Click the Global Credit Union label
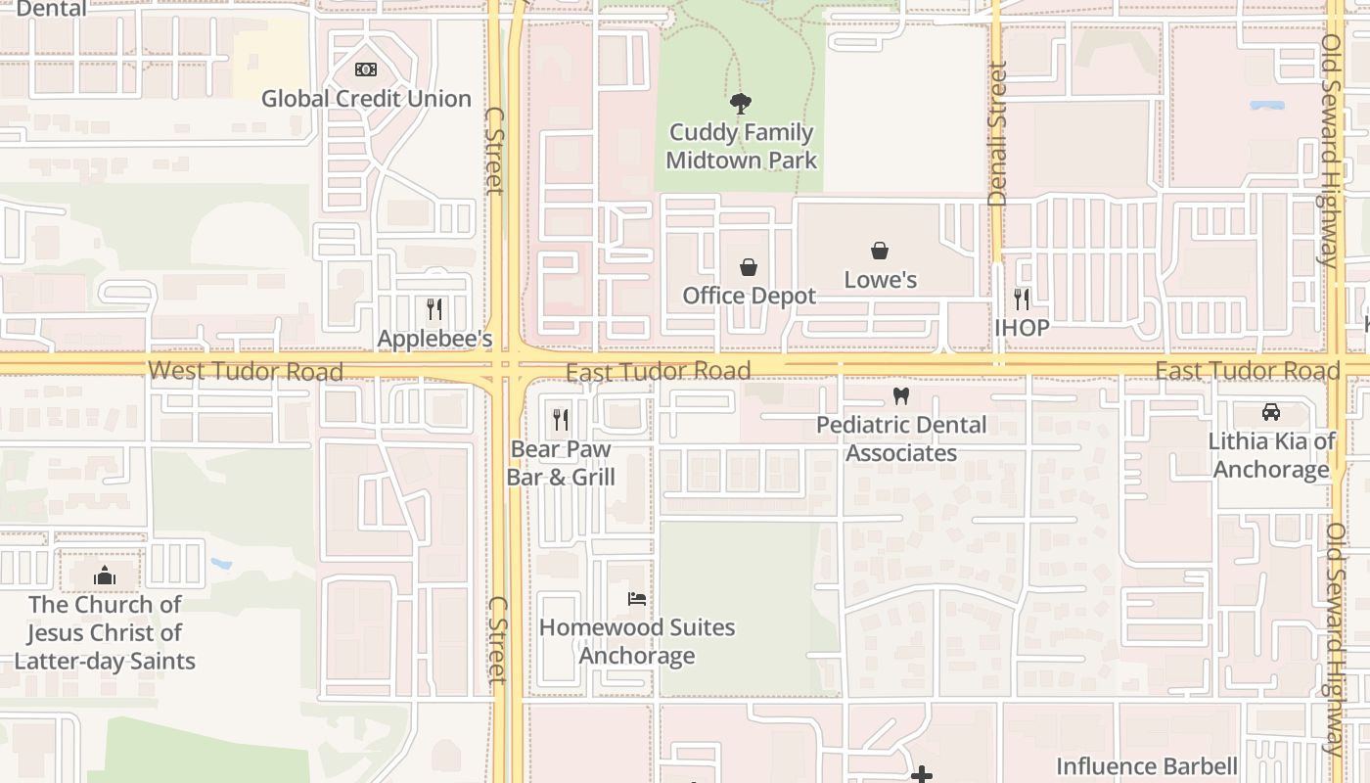tap(366, 99)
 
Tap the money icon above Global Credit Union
tap(366, 69)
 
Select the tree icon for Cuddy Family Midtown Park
tap(741, 103)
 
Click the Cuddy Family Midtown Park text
tap(741, 146)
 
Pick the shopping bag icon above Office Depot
tap(749, 266)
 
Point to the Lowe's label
tap(880, 280)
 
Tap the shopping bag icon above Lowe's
tap(880, 252)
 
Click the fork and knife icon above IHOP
tap(1022, 299)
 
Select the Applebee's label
tap(434, 339)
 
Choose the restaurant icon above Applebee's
tap(434, 309)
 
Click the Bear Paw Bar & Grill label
tap(561, 463)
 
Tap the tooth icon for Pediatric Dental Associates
tap(901, 396)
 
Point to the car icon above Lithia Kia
tap(1270, 412)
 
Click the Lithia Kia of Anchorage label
tap(1270, 455)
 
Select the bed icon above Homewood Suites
tap(637, 598)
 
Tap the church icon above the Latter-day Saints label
tap(105, 576)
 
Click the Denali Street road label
tap(997, 134)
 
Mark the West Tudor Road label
tap(245, 371)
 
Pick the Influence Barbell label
tap(1146, 766)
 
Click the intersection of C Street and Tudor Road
tap(506, 366)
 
